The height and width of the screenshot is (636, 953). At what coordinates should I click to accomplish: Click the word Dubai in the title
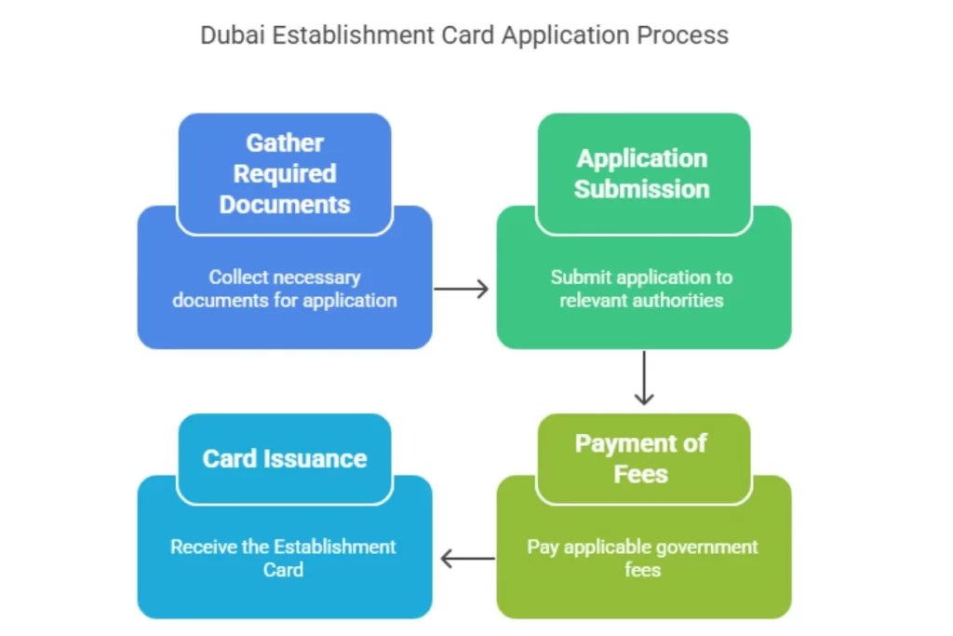tap(227, 35)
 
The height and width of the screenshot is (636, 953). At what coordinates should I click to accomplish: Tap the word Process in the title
tap(682, 35)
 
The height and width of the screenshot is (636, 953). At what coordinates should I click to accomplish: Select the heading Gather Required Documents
tap(285, 173)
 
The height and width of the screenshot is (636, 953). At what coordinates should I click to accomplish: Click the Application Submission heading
tap(642, 173)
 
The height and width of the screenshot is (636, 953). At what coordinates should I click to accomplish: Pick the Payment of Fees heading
tap(641, 458)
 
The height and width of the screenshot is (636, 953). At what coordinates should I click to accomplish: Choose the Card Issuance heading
tap(285, 458)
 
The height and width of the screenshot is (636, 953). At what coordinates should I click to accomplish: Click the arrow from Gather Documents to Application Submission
tap(462, 289)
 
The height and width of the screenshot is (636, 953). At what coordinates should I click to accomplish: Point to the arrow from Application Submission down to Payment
tap(642, 377)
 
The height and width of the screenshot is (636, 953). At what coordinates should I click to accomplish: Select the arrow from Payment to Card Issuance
tap(467, 559)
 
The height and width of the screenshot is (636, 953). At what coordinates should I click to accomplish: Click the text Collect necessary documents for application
tap(285, 289)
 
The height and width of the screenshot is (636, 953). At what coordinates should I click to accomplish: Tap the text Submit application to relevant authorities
tap(642, 289)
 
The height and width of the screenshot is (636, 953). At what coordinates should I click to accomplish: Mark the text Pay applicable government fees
tap(642, 558)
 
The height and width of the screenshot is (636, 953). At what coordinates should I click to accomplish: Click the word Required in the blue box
tap(285, 173)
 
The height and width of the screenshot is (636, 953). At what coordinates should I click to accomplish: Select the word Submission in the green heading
tap(642, 189)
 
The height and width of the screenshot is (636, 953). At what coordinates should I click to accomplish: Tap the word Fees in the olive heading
tap(641, 474)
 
